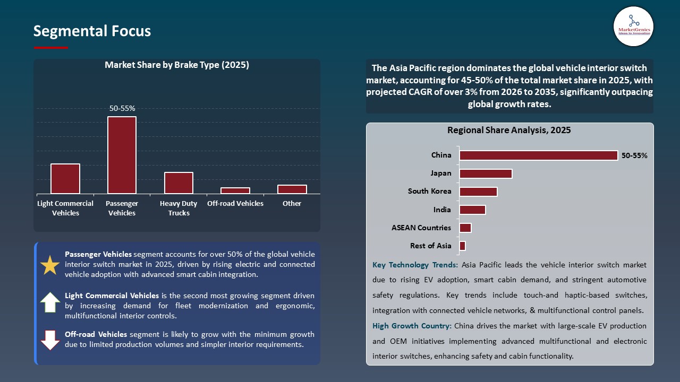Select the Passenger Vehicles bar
tap(122, 155)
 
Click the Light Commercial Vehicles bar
tap(65, 178)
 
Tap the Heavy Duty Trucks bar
tap(178, 183)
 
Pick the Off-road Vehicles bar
tap(235, 190)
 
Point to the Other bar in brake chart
tap(292, 189)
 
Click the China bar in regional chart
tap(538, 155)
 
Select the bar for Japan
tap(486, 173)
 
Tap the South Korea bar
tap(478, 192)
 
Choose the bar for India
tap(472, 210)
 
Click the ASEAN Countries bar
tap(465, 228)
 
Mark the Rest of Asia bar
tap(462, 246)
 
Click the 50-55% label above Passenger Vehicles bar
tap(122, 108)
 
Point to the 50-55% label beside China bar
tap(634, 156)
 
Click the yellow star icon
tap(50, 265)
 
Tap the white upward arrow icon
tap(50, 302)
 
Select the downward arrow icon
tap(50, 340)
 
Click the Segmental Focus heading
tap(92, 31)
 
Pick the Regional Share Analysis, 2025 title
tap(509, 130)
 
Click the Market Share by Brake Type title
tap(177, 65)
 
